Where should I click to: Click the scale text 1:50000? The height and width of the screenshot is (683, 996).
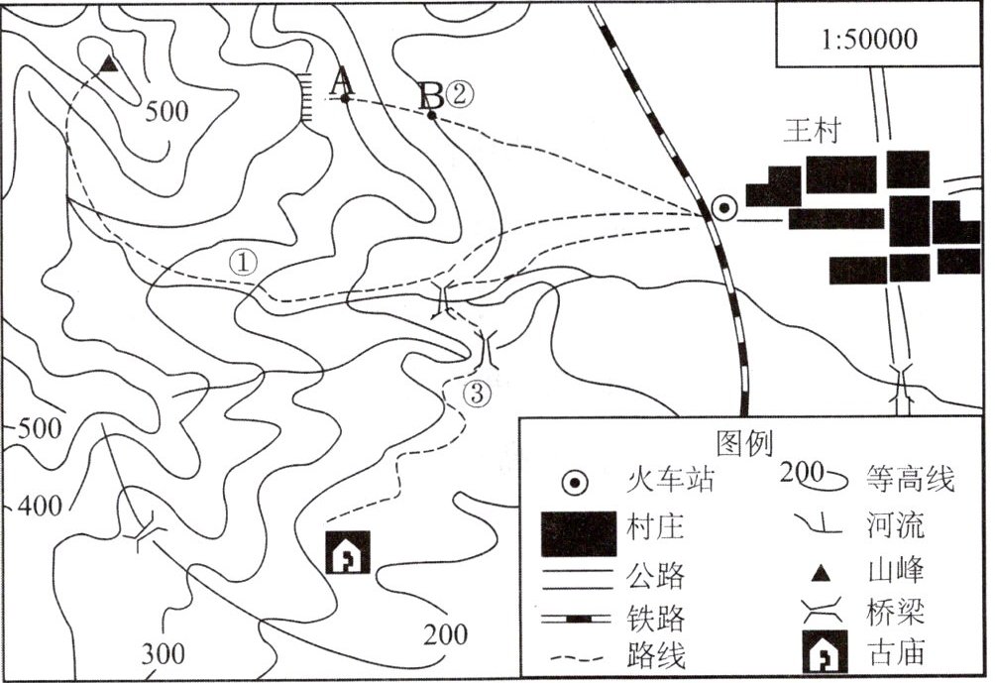tap(869, 41)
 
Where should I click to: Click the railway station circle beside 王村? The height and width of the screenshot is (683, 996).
tap(724, 208)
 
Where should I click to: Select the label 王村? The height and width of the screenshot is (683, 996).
tap(812, 132)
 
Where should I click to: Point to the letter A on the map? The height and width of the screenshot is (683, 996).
tap(342, 79)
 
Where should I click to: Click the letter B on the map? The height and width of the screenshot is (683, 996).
tap(431, 96)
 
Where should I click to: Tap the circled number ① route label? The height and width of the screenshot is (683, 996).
tap(243, 262)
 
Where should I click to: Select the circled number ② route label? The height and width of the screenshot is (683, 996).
tap(461, 94)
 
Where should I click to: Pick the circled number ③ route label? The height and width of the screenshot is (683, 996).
tap(477, 394)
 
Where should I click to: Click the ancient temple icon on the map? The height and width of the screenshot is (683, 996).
tap(348, 552)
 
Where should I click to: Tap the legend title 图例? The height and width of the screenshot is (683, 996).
tap(743, 442)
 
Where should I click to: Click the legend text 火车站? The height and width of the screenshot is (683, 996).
tap(671, 483)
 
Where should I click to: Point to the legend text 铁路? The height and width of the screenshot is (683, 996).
tap(656, 619)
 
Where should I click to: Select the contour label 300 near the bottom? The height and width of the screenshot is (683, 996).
tap(163, 654)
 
